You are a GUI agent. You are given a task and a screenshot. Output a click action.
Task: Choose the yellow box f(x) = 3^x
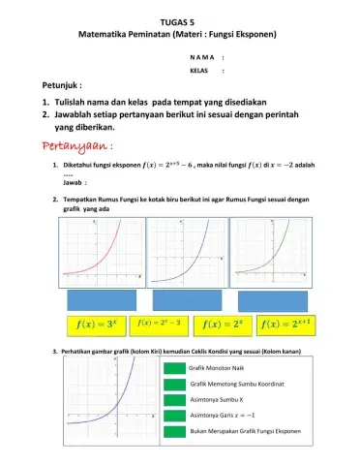tap(96, 323)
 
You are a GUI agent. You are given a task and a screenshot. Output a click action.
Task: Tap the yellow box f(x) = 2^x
tap(222, 323)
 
